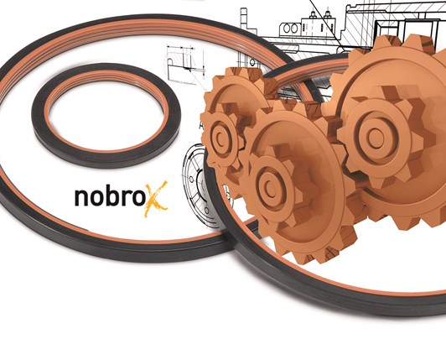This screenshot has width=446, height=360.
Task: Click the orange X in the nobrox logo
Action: [156, 199]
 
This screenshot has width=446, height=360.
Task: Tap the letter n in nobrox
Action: [80, 197]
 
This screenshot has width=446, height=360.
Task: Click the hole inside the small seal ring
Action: [106, 116]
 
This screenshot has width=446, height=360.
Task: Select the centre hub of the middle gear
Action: [271, 189]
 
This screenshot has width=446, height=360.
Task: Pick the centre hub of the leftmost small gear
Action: [220, 138]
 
